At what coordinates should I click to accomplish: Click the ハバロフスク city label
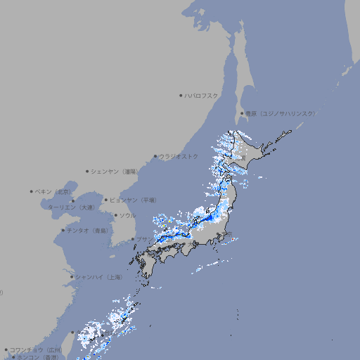pos(202,95)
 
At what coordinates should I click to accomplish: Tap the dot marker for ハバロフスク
pos(181,95)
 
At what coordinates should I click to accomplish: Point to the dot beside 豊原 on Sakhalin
pos(242,113)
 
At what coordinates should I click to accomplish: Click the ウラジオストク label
pos(179,156)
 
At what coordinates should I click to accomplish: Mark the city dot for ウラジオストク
pos(155,157)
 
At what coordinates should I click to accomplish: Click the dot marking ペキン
pos(32,191)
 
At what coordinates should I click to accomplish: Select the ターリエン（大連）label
pos(71,207)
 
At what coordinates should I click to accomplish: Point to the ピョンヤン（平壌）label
pos(133,200)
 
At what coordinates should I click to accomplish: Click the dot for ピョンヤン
pos(106,200)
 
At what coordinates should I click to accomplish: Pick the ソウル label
pos(127,215)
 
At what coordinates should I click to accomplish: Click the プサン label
pos(143,239)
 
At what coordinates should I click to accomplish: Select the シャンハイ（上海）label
pos(99,277)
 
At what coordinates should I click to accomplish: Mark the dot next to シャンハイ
pos(72,277)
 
